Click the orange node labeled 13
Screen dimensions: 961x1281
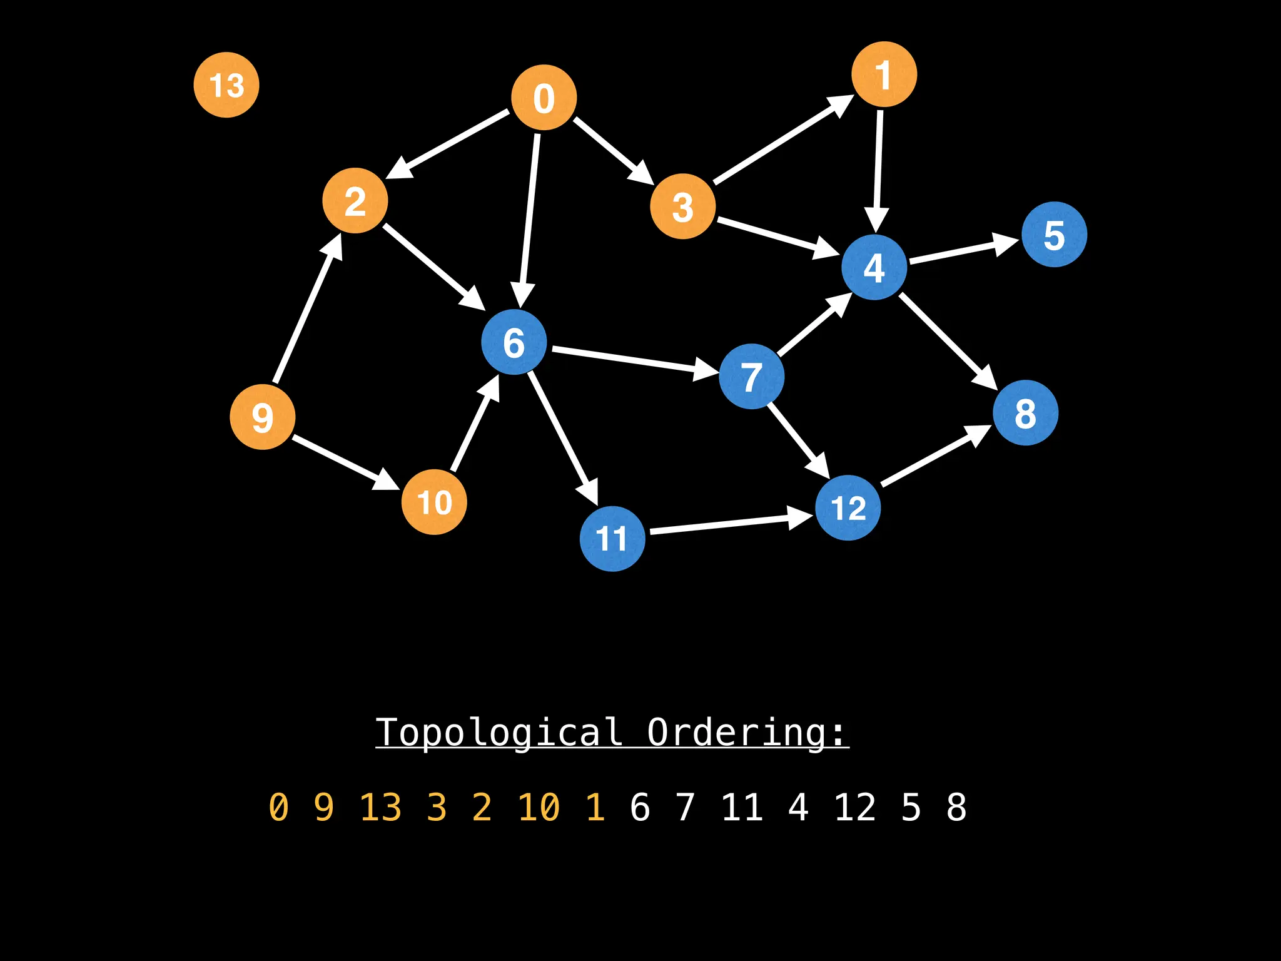pos(226,85)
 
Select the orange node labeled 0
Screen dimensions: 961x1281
pos(544,98)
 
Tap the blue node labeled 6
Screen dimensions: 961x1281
pos(514,342)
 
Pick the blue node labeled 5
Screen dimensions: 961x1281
pos(1054,235)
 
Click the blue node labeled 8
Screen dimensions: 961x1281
pos(1025,413)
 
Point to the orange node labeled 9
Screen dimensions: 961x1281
pos(263,417)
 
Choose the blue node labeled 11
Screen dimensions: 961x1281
pos(612,539)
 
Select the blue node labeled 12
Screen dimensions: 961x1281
pos(848,507)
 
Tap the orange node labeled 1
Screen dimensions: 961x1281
pos(884,74)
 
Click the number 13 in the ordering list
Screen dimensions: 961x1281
pos(380,807)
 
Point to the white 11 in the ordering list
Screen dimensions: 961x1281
pos(742,807)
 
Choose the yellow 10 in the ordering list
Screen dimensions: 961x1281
pos(539,807)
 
